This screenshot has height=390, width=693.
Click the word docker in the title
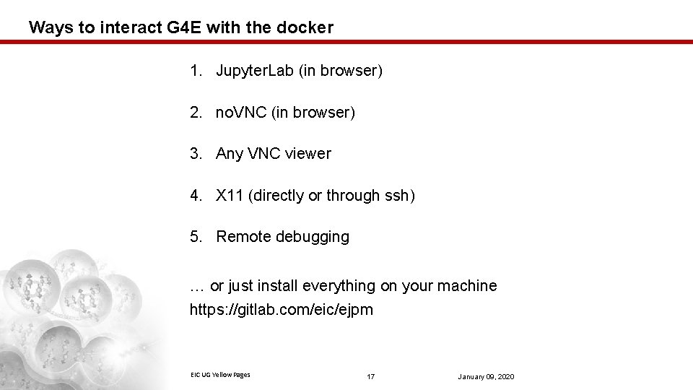point(308,28)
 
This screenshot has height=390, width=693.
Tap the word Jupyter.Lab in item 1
point(251,71)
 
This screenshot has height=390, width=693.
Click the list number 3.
point(195,154)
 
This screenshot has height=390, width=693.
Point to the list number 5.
point(195,237)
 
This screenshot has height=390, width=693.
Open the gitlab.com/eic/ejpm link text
point(282,311)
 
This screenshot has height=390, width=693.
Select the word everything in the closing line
point(339,286)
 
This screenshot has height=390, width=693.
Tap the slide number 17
point(371,377)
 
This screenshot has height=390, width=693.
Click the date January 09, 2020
point(486,377)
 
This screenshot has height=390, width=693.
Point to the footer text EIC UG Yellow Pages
point(220,374)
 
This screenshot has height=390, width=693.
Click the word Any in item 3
point(230,154)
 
